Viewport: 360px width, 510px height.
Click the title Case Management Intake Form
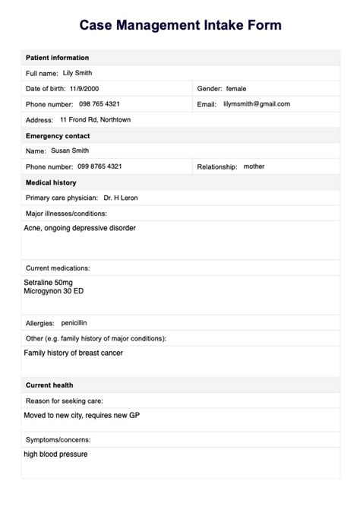tap(180, 26)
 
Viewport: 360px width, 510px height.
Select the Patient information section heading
tap(57, 58)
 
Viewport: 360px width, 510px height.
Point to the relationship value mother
tap(254, 166)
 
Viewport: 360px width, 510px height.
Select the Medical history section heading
tap(52, 183)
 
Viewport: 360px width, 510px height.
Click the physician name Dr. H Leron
tap(121, 198)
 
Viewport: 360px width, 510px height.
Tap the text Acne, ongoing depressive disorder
tap(80, 228)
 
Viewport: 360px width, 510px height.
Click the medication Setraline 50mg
tap(49, 283)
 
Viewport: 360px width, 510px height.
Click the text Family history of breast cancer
tap(73, 353)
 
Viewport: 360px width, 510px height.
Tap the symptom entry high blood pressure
tap(55, 455)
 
